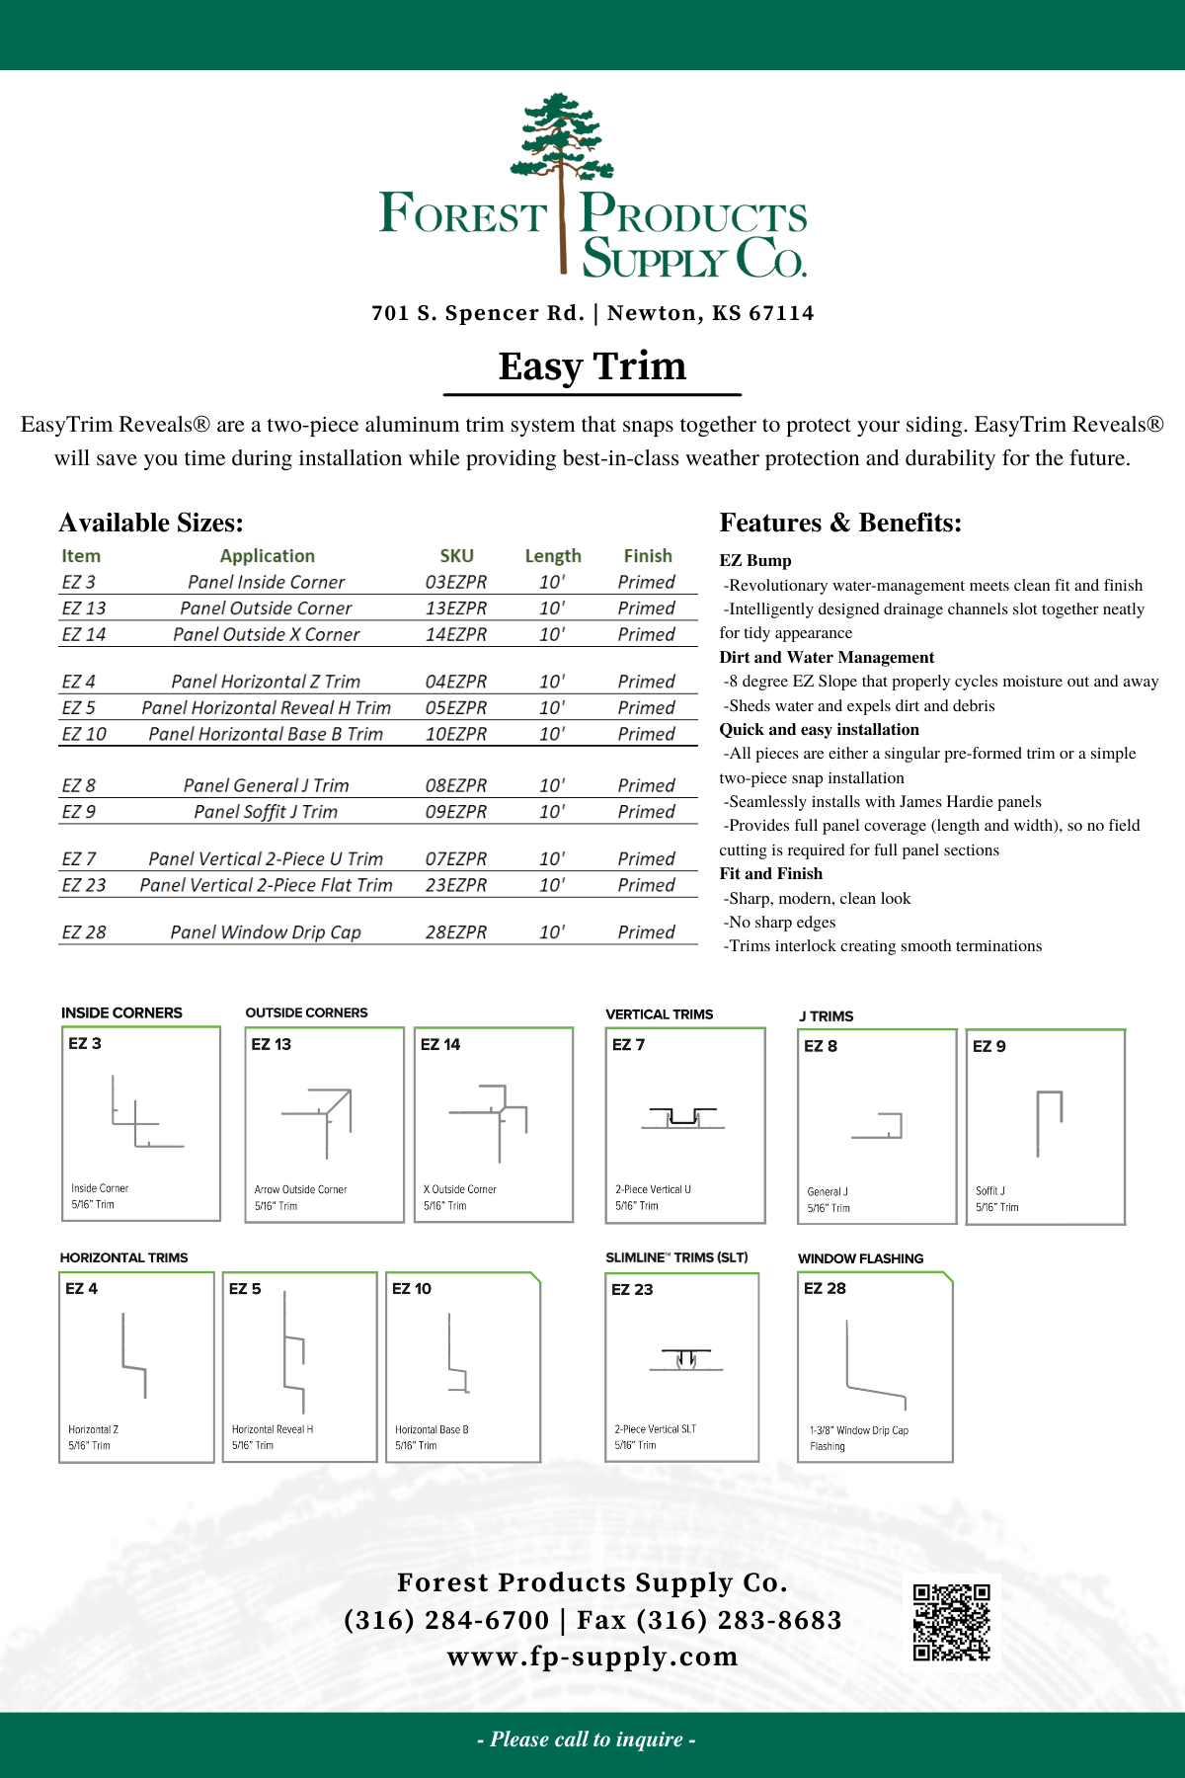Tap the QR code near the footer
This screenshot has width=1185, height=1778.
(x=951, y=1622)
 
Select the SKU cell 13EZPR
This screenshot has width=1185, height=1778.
(x=455, y=608)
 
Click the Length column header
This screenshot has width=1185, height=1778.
(x=553, y=556)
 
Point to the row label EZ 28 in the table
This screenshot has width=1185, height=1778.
(x=84, y=932)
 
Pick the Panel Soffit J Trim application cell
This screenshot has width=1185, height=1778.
(x=266, y=812)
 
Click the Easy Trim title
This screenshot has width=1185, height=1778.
(x=592, y=366)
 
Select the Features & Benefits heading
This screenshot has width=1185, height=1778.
(x=840, y=523)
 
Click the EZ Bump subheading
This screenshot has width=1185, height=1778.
(x=755, y=560)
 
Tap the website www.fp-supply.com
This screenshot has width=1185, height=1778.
(x=592, y=1657)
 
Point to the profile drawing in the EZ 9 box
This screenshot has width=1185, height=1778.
(x=1049, y=1122)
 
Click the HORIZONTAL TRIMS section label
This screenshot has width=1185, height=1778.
(x=123, y=1257)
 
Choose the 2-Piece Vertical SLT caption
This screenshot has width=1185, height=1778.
(x=655, y=1429)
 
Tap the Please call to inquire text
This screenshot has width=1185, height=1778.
(x=587, y=1739)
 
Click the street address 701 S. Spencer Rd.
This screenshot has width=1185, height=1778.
(x=478, y=313)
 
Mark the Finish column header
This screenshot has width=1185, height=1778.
(x=648, y=556)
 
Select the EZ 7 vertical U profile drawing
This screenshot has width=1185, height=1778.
(x=682, y=1118)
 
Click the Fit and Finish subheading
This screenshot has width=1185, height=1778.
(x=770, y=874)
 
